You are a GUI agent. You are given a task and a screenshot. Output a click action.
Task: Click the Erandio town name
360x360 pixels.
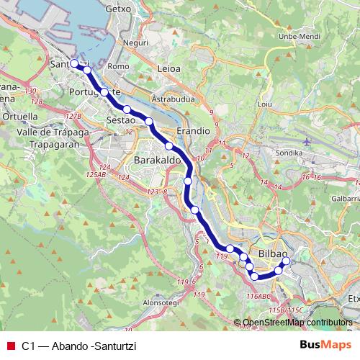pos(192,132)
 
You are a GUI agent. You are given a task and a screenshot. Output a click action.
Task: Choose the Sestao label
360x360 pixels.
pos(120,119)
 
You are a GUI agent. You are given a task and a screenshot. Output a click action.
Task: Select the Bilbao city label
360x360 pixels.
pos(273,255)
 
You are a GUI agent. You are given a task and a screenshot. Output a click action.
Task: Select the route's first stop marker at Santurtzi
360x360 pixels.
pos(74,63)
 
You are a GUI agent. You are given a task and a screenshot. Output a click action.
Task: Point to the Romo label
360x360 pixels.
pos(117,66)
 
